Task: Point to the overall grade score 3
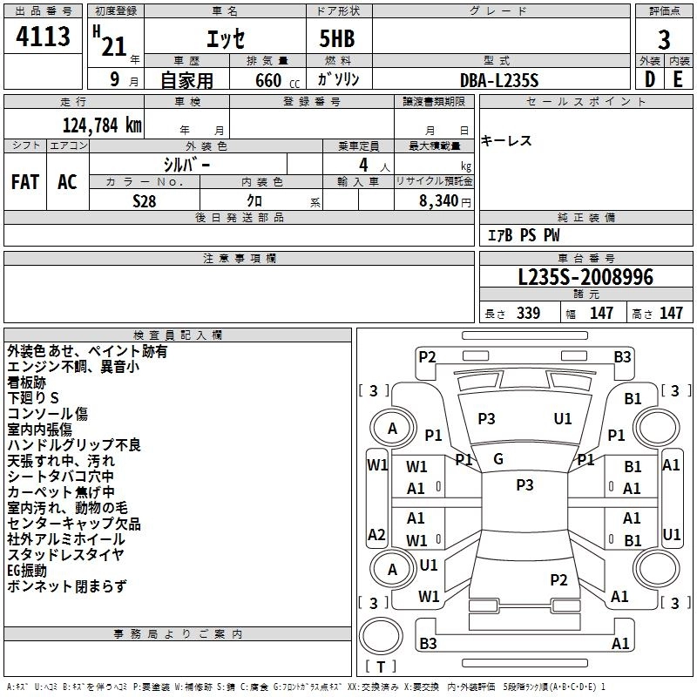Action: pos(664,40)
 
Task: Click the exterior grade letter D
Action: pos(649,79)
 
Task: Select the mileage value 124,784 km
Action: pos(102,124)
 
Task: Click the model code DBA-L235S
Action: pos(500,80)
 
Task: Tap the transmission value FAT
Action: pos(24,182)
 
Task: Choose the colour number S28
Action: pos(145,200)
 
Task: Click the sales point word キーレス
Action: pos(506,141)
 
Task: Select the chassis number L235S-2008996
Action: pos(585,278)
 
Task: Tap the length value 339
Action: pos(525,314)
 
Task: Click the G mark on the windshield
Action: pos(498,459)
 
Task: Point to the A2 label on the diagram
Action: pos(376,534)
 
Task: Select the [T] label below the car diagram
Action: pos(381,667)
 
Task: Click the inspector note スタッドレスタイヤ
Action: pos(65,555)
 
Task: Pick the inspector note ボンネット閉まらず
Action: pos(66,586)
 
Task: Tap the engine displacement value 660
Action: pos(267,80)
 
